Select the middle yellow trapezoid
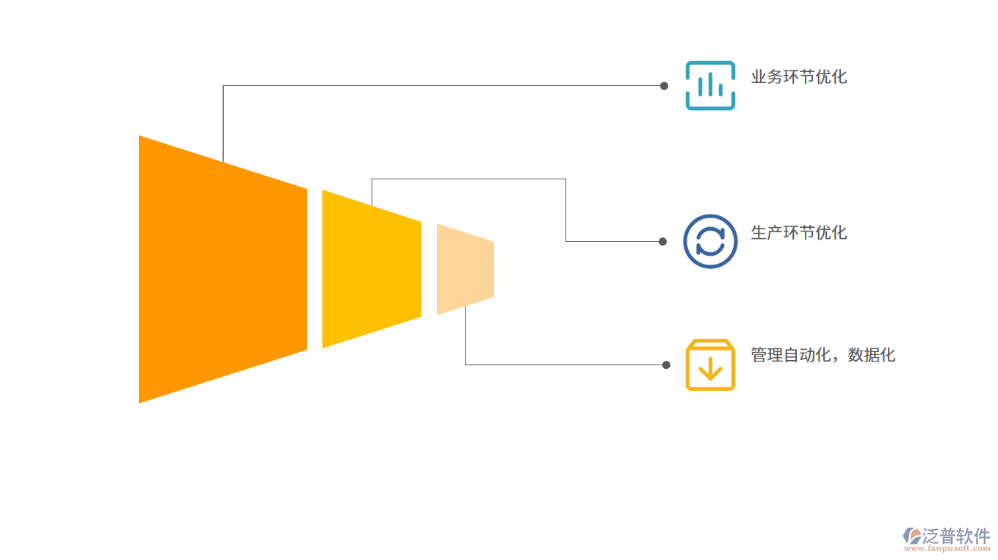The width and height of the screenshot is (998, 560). tap(372, 269)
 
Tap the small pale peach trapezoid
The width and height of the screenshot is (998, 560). tap(465, 269)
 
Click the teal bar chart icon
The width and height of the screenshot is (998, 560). tap(710, 85)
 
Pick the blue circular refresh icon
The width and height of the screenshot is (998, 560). tap(710, 241)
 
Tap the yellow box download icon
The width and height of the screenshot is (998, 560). tap(710, 365)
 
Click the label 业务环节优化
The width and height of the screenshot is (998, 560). tap(799, 77)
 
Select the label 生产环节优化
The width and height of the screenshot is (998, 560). tap(799, 233)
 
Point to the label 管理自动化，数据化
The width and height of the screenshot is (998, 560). tap(822, 356)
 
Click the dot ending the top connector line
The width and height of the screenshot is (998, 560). tap(664, 86)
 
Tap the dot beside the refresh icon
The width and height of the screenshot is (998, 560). tap(662, 241)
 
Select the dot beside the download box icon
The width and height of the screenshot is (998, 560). tap(666, 365)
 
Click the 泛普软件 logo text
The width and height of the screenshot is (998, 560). tap(956, 536)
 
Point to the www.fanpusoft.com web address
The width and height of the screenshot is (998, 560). tap(947, 548)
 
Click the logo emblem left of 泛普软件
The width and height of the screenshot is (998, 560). tap(912, 536)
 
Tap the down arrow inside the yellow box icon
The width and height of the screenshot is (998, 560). tap(710, 369)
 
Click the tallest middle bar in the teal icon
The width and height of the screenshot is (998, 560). tap(710, 85)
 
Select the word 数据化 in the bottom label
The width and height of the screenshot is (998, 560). tap(872, 356)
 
